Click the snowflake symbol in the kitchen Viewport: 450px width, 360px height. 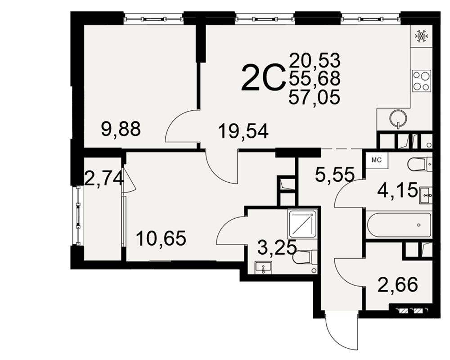(x=422, y=36)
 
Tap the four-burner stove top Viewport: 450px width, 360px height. (x=422, y=81)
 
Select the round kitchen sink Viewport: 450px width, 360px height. (x=398, y=118)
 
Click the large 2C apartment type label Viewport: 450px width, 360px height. (x=263, y=78)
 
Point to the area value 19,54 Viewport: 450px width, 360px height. (x=243, y=131)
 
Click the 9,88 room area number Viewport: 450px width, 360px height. (x=121, y=129)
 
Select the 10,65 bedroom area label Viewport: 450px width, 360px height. (x=161, y=238)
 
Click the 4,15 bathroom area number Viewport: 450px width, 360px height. (x=397, y=190)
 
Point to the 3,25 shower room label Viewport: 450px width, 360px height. (x=277, y=247)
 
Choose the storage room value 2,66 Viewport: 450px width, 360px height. (x=397, y=284)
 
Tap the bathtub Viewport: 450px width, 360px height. (x=399, y=225)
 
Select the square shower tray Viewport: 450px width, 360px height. (x=302, y=224)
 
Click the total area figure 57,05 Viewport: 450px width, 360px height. (x=314, y=97)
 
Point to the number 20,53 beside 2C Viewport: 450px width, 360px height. (x=315, y=60)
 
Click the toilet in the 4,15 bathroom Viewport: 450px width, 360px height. (x=420, y=164)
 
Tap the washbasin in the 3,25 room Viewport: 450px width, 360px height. (x=263, y=268)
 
